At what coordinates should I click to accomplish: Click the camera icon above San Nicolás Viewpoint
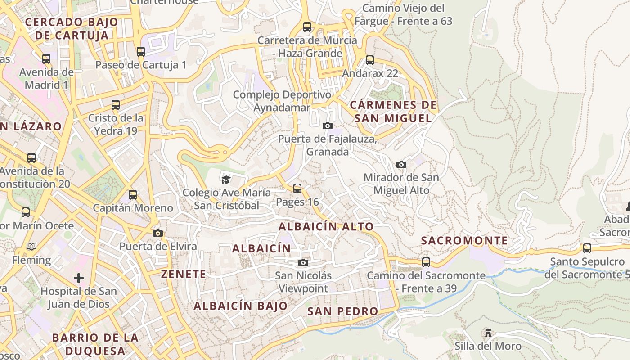(x=304, y=262)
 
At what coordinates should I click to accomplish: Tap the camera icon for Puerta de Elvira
(x=158, y=233)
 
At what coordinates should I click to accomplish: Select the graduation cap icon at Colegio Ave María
(x=226, y=180)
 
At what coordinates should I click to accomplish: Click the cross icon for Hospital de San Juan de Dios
(x=79, y=278)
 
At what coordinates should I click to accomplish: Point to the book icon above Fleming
(x=31, y=247)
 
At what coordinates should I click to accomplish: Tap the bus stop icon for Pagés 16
(x=297, y=189)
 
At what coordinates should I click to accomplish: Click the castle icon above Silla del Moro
(x=488, y=333)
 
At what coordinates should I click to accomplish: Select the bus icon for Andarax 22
(x=370, y=60)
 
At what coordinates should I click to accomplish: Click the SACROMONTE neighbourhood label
(x=464, y=241)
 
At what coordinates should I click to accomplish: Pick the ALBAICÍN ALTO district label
(x=326, y=227)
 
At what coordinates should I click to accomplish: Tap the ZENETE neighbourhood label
(x=184, y=274)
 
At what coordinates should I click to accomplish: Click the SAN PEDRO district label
(x=343, y=311)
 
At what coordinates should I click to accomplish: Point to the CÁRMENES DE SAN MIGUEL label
(x=393, y=112)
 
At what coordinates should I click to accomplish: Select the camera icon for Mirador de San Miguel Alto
(x=401, y=164)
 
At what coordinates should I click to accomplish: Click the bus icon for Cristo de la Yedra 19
(x=116, y=105)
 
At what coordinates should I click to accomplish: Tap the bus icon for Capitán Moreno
(x=133, y=195)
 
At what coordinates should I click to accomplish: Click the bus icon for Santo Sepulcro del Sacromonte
(x=587, y=248)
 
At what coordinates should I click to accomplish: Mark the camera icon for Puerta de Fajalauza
(x=328, y=126)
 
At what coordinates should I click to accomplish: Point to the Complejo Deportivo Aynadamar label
(x=282, y=101)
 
